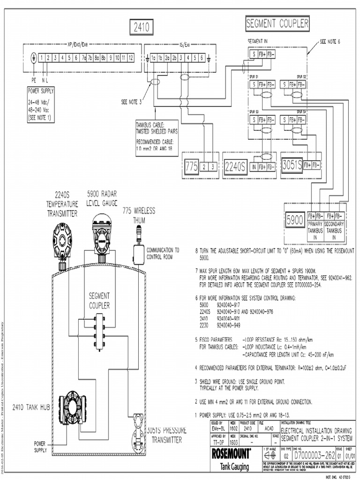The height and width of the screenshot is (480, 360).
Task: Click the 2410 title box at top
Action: pos(141,28)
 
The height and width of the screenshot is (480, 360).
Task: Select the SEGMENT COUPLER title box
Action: pos(277,23)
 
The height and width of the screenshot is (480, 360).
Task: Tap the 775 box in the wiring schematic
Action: pos(191,166)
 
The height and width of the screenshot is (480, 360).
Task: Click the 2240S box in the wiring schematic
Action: pos(235,166)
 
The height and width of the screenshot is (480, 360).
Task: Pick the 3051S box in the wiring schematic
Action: pos(292,165)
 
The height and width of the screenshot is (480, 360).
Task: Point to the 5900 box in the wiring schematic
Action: pos(295,220)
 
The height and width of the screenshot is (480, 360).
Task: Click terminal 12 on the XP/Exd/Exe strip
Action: pos(131,58)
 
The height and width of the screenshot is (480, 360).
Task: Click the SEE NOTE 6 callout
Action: pos(330,41)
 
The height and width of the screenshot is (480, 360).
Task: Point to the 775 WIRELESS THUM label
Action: pos(139,214)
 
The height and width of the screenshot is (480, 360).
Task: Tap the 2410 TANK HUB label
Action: pos(31,407)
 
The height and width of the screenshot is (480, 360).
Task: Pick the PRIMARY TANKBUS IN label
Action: pos(315,231)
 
